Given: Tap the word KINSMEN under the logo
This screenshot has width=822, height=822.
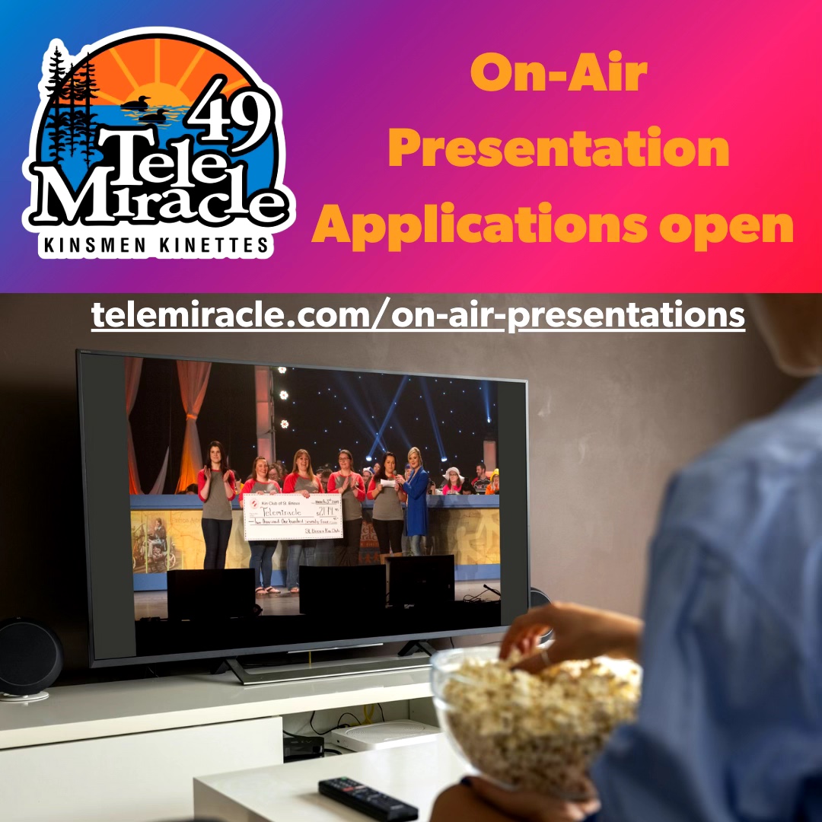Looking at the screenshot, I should (97, 245).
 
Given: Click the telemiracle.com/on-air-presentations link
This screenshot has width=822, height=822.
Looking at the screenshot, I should (418, 314).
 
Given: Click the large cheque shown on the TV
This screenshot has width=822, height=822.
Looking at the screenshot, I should (293, 516).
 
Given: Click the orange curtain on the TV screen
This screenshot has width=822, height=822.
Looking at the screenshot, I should (190, 426).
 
